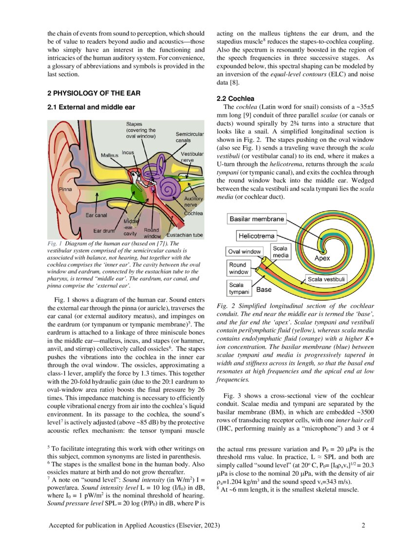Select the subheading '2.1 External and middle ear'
(x=91, y=107)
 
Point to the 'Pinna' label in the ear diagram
(x=66, y=189)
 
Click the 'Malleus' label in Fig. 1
(x=110, y=155)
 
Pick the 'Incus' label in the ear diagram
(x=128, y=153)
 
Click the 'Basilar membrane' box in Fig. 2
(x=257, y=219)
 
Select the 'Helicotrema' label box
(x=256, y=236)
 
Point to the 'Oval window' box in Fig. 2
(x=245, y=251)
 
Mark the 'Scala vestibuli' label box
(x=326, y=279)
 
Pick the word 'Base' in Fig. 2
(x=264, y=289)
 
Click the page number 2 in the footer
(x=363, y=525)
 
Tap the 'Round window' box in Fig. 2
(x=239, y=268)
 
